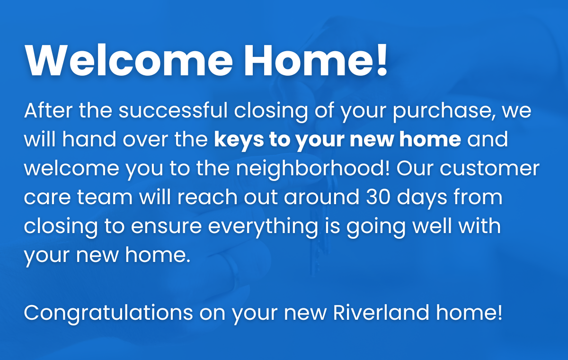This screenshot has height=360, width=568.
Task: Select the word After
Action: (x=48, y=110)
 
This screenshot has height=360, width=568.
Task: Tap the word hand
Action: (x=89, y=139)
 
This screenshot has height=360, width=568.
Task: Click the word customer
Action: (x=489, y=169)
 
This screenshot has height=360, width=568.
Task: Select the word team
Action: (x=105, y=197)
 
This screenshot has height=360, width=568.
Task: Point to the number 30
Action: (x=378, y=197)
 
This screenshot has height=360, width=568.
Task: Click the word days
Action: (x=422, y=198)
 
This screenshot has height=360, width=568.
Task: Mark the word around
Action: (x=321, y=197)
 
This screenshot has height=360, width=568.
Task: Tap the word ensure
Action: (x=166, y=226)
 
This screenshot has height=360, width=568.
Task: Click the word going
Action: (x=376, y=227)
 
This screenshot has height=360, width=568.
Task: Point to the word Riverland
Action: (x=381, y=312)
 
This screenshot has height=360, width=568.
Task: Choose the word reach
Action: (x=207, y=197)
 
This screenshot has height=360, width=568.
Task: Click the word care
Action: (x=47, y=198)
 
